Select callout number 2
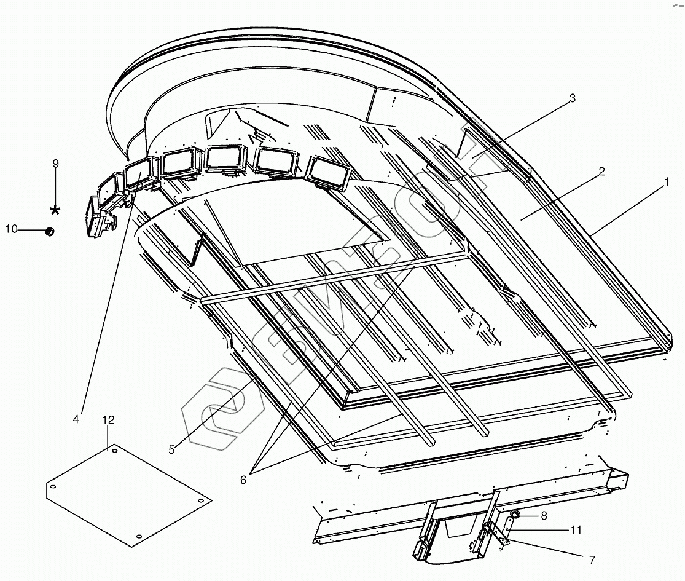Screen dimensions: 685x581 [601, 172]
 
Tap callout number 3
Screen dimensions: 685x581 [572, 98]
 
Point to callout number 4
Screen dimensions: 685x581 [76, 419]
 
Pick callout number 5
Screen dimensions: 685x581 [171, 449]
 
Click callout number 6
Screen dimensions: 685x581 [243, 480]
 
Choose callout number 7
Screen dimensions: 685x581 [592, 560]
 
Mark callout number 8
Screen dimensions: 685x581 [544, 516]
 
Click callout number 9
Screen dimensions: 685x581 [55, 164]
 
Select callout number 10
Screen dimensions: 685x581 [12, 229]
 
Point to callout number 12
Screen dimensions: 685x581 [108, 421]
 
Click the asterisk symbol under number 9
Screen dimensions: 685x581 [55, 210]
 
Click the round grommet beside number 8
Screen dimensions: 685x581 [515, 513]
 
